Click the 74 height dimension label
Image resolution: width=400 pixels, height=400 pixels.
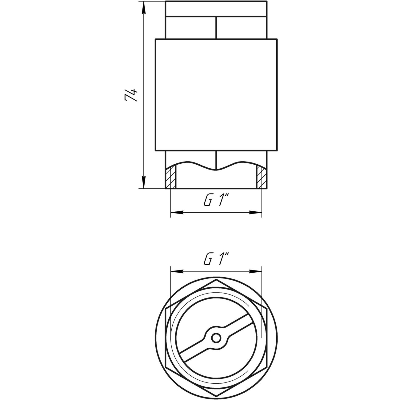[131, 95]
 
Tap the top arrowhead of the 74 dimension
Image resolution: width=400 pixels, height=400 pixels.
[143, 8]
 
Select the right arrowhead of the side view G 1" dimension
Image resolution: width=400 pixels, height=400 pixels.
[255, 212]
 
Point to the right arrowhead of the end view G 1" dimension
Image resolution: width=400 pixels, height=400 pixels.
[255, 271]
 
